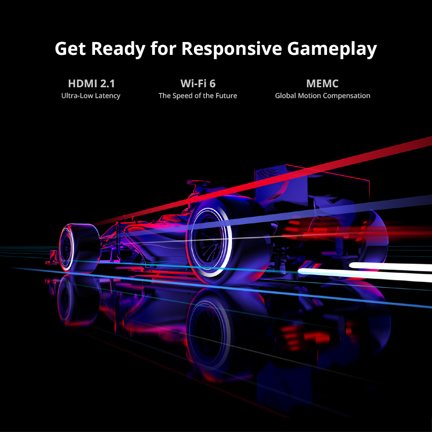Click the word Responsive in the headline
(232, 50)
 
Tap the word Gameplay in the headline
(332, 50)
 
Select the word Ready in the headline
(118, 50)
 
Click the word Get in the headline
(70, 49)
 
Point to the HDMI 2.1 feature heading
(91, 83)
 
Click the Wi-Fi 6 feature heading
(198, 83)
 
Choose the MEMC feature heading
(322, 83)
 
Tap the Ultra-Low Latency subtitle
(91, 95)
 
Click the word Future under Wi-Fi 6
(226, 95)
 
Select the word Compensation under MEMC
(346, 96)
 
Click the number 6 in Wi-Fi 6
(212, 83)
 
